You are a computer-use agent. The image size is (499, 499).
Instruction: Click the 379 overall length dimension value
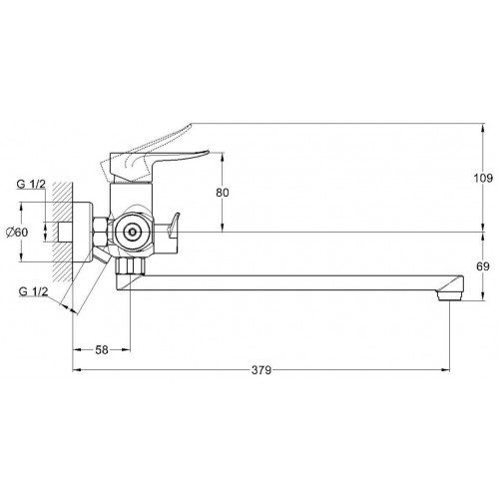coord(261,370)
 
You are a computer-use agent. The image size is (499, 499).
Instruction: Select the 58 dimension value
coord(102,350)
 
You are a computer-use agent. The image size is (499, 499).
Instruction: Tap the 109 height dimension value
coord(483,179)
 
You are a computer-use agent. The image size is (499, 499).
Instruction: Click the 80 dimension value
coord(223,193)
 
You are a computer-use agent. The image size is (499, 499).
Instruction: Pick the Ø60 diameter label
coord(17,232)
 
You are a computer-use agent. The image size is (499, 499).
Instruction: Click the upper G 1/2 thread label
coord(31,184)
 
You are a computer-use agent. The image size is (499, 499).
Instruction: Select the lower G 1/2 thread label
coord(33,291)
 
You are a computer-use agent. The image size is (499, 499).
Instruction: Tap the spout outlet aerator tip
coord(449,295)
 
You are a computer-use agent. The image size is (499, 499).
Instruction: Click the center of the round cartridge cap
coord(133,232)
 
